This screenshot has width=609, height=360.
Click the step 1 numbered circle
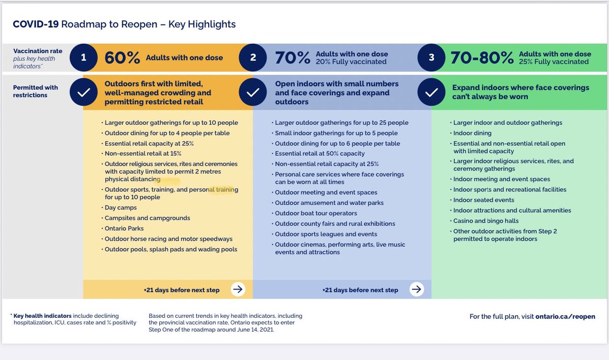(83, 57)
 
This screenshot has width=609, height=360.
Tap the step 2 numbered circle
(253, 57)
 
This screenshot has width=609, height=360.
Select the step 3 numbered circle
(431, 57)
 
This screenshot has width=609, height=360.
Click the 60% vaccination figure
(122, 58)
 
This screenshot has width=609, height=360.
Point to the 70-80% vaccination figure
(482, 58)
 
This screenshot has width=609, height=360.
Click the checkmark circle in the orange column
(83, 92)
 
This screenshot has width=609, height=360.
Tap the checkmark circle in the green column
(431, 92)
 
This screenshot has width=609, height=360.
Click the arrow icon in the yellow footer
(238, 289)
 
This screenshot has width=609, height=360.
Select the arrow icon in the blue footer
(417, 289)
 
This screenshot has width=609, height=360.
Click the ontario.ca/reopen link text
(565, 316)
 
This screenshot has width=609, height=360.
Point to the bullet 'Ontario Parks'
(124, 228)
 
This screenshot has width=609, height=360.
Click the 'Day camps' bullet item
(121, 208)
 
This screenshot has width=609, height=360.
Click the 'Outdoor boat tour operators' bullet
(316, 213)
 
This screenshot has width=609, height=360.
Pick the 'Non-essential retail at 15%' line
(143, 154)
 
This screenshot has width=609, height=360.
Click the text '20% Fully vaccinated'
(351, 62)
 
